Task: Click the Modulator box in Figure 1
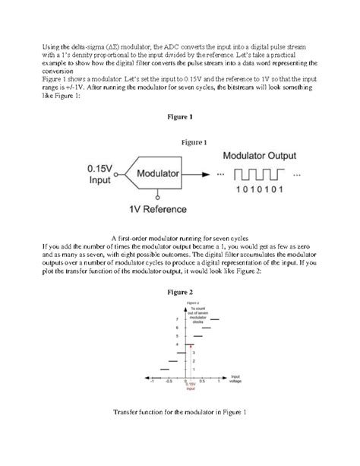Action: tap(158, 174)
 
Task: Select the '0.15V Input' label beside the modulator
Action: tap(99, 174)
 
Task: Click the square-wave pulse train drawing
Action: tap(258, 175)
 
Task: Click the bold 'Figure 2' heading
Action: tap(180, 291)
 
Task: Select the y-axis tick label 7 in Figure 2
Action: tap(177, 319)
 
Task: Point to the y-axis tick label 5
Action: tap(177, 335)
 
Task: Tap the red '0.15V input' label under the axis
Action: tap(191, 386)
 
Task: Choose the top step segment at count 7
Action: tap(215, 319)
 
